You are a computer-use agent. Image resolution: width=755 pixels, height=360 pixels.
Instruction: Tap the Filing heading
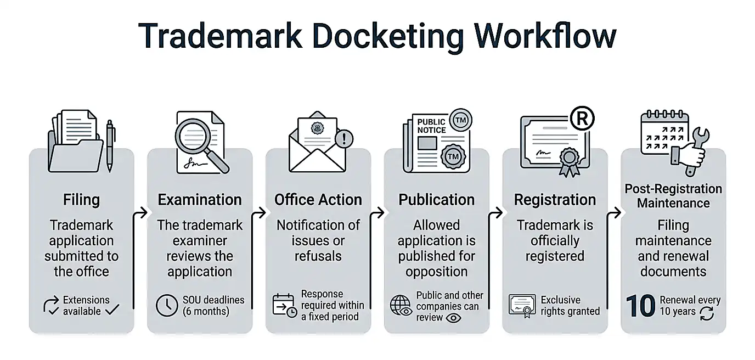pyautogui.click(x=81, y=199)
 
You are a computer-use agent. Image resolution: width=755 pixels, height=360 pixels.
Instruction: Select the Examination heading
pyautogui.click(x=200, y=199)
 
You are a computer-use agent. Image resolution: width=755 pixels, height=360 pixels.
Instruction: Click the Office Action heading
pyautogui.click(x=318, y=199)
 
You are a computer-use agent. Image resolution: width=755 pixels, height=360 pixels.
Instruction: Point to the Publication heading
pyautogui.click(x=437, y=199)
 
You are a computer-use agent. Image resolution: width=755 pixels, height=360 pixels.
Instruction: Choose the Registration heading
pyautogui.click(x=555, y=199)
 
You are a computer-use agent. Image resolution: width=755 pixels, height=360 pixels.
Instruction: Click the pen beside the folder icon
pyautogui.click(x=110, y=145)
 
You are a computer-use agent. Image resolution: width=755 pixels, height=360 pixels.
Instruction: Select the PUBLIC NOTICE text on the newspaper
pyautogui.click(x=431, y=126)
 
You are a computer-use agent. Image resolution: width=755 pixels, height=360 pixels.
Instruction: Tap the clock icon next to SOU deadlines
pyautogui.click(x=167, y=306)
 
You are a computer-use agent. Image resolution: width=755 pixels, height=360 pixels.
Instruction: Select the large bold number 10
pyautogui.click(x=640, y=306)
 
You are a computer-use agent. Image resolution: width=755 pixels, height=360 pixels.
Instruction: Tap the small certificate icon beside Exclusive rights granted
pyautogui.click(x=522, y=306)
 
